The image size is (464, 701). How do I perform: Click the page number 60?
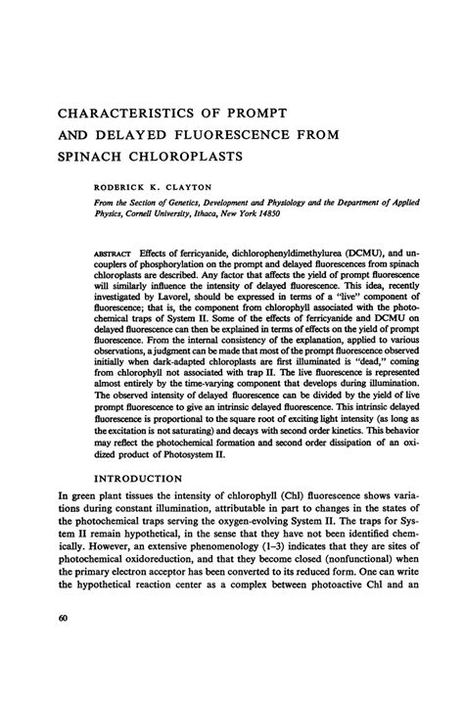point(36,644)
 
